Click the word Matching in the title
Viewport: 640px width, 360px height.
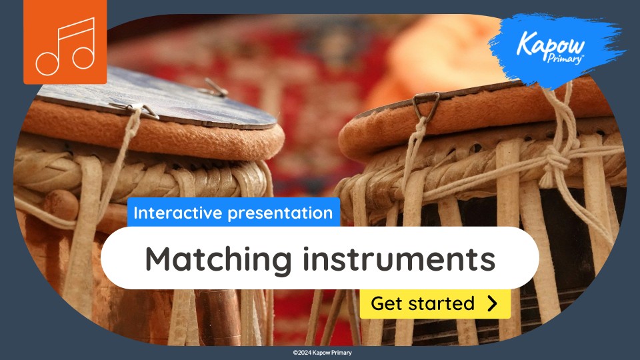[217, 258]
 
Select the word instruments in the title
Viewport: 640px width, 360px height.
[398, 258]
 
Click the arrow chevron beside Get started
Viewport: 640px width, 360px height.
[492, 304]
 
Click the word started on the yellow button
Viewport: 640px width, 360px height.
[441, 304]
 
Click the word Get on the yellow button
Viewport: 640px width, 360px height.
[386, 304]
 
